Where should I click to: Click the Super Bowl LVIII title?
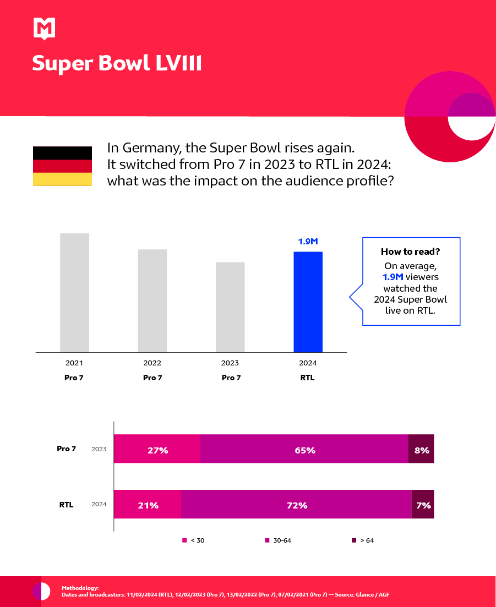click(x=117, y=63)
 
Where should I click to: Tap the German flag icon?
click(x=62, y=166)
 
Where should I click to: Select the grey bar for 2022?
click(x=152, y=300)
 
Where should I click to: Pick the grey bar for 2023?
click(x=230, y=307)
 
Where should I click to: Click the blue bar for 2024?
click(x=308, y=302)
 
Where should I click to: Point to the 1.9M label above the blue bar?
click(x=308, y=241)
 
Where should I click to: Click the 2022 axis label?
click(x=152, y=363)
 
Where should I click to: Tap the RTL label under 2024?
click(x=308, y=378)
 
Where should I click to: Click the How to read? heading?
click(x=411, y=251)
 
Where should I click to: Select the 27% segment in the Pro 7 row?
click(x=157, y=450)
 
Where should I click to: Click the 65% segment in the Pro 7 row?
click(x=304, y=450)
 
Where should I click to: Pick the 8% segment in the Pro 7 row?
click(x=421, y=450)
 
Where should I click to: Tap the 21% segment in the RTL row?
click(x=148, y=505)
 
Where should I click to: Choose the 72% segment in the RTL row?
click(x=296, y=505)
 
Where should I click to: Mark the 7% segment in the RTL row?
click(x=423, y=505)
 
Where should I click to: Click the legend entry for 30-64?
click(x=279, y=540)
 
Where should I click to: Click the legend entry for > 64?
click(x=363, y=540)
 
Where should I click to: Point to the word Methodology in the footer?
click(x=80, y=588)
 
